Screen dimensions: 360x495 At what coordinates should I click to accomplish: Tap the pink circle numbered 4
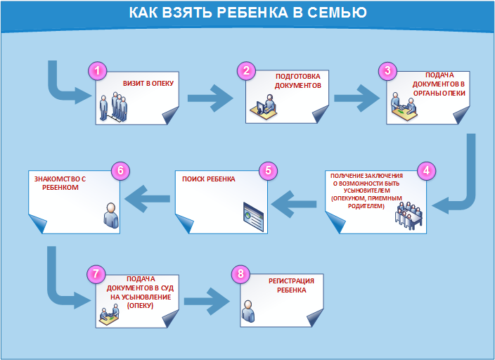425,170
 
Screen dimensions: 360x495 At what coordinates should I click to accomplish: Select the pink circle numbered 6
121,171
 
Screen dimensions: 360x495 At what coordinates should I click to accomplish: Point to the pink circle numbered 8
242,274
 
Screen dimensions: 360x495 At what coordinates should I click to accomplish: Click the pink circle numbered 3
387,70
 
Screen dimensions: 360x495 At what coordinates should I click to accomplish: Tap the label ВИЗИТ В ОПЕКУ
148,83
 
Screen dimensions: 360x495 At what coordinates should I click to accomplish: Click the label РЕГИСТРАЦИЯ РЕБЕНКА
291,285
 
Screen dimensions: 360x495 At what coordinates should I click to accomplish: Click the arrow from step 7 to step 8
206,300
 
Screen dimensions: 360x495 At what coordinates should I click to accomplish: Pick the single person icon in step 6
110,215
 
